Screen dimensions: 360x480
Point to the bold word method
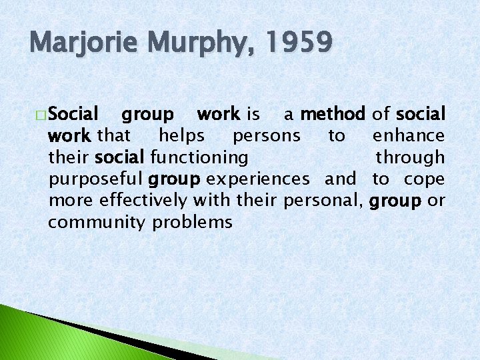pyautogui.click(x=333, y=114)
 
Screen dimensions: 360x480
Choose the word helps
pyautogui.click(x=181, y=135)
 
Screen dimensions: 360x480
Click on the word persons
pyautogui.click(x=266, y=135)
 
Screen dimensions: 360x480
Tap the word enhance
pyautogui.click(x=408, y=135)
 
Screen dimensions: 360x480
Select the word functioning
pyautogui.click(x=199, y=158)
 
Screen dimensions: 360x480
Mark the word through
pyautogui.click(x=410, y=158)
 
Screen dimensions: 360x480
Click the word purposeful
pyautogui.click(x=96, y=179)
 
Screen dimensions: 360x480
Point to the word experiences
pyautogui.click(x=258, y=179)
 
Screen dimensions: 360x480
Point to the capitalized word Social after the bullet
pyautogui.click(x=74, y=114)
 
